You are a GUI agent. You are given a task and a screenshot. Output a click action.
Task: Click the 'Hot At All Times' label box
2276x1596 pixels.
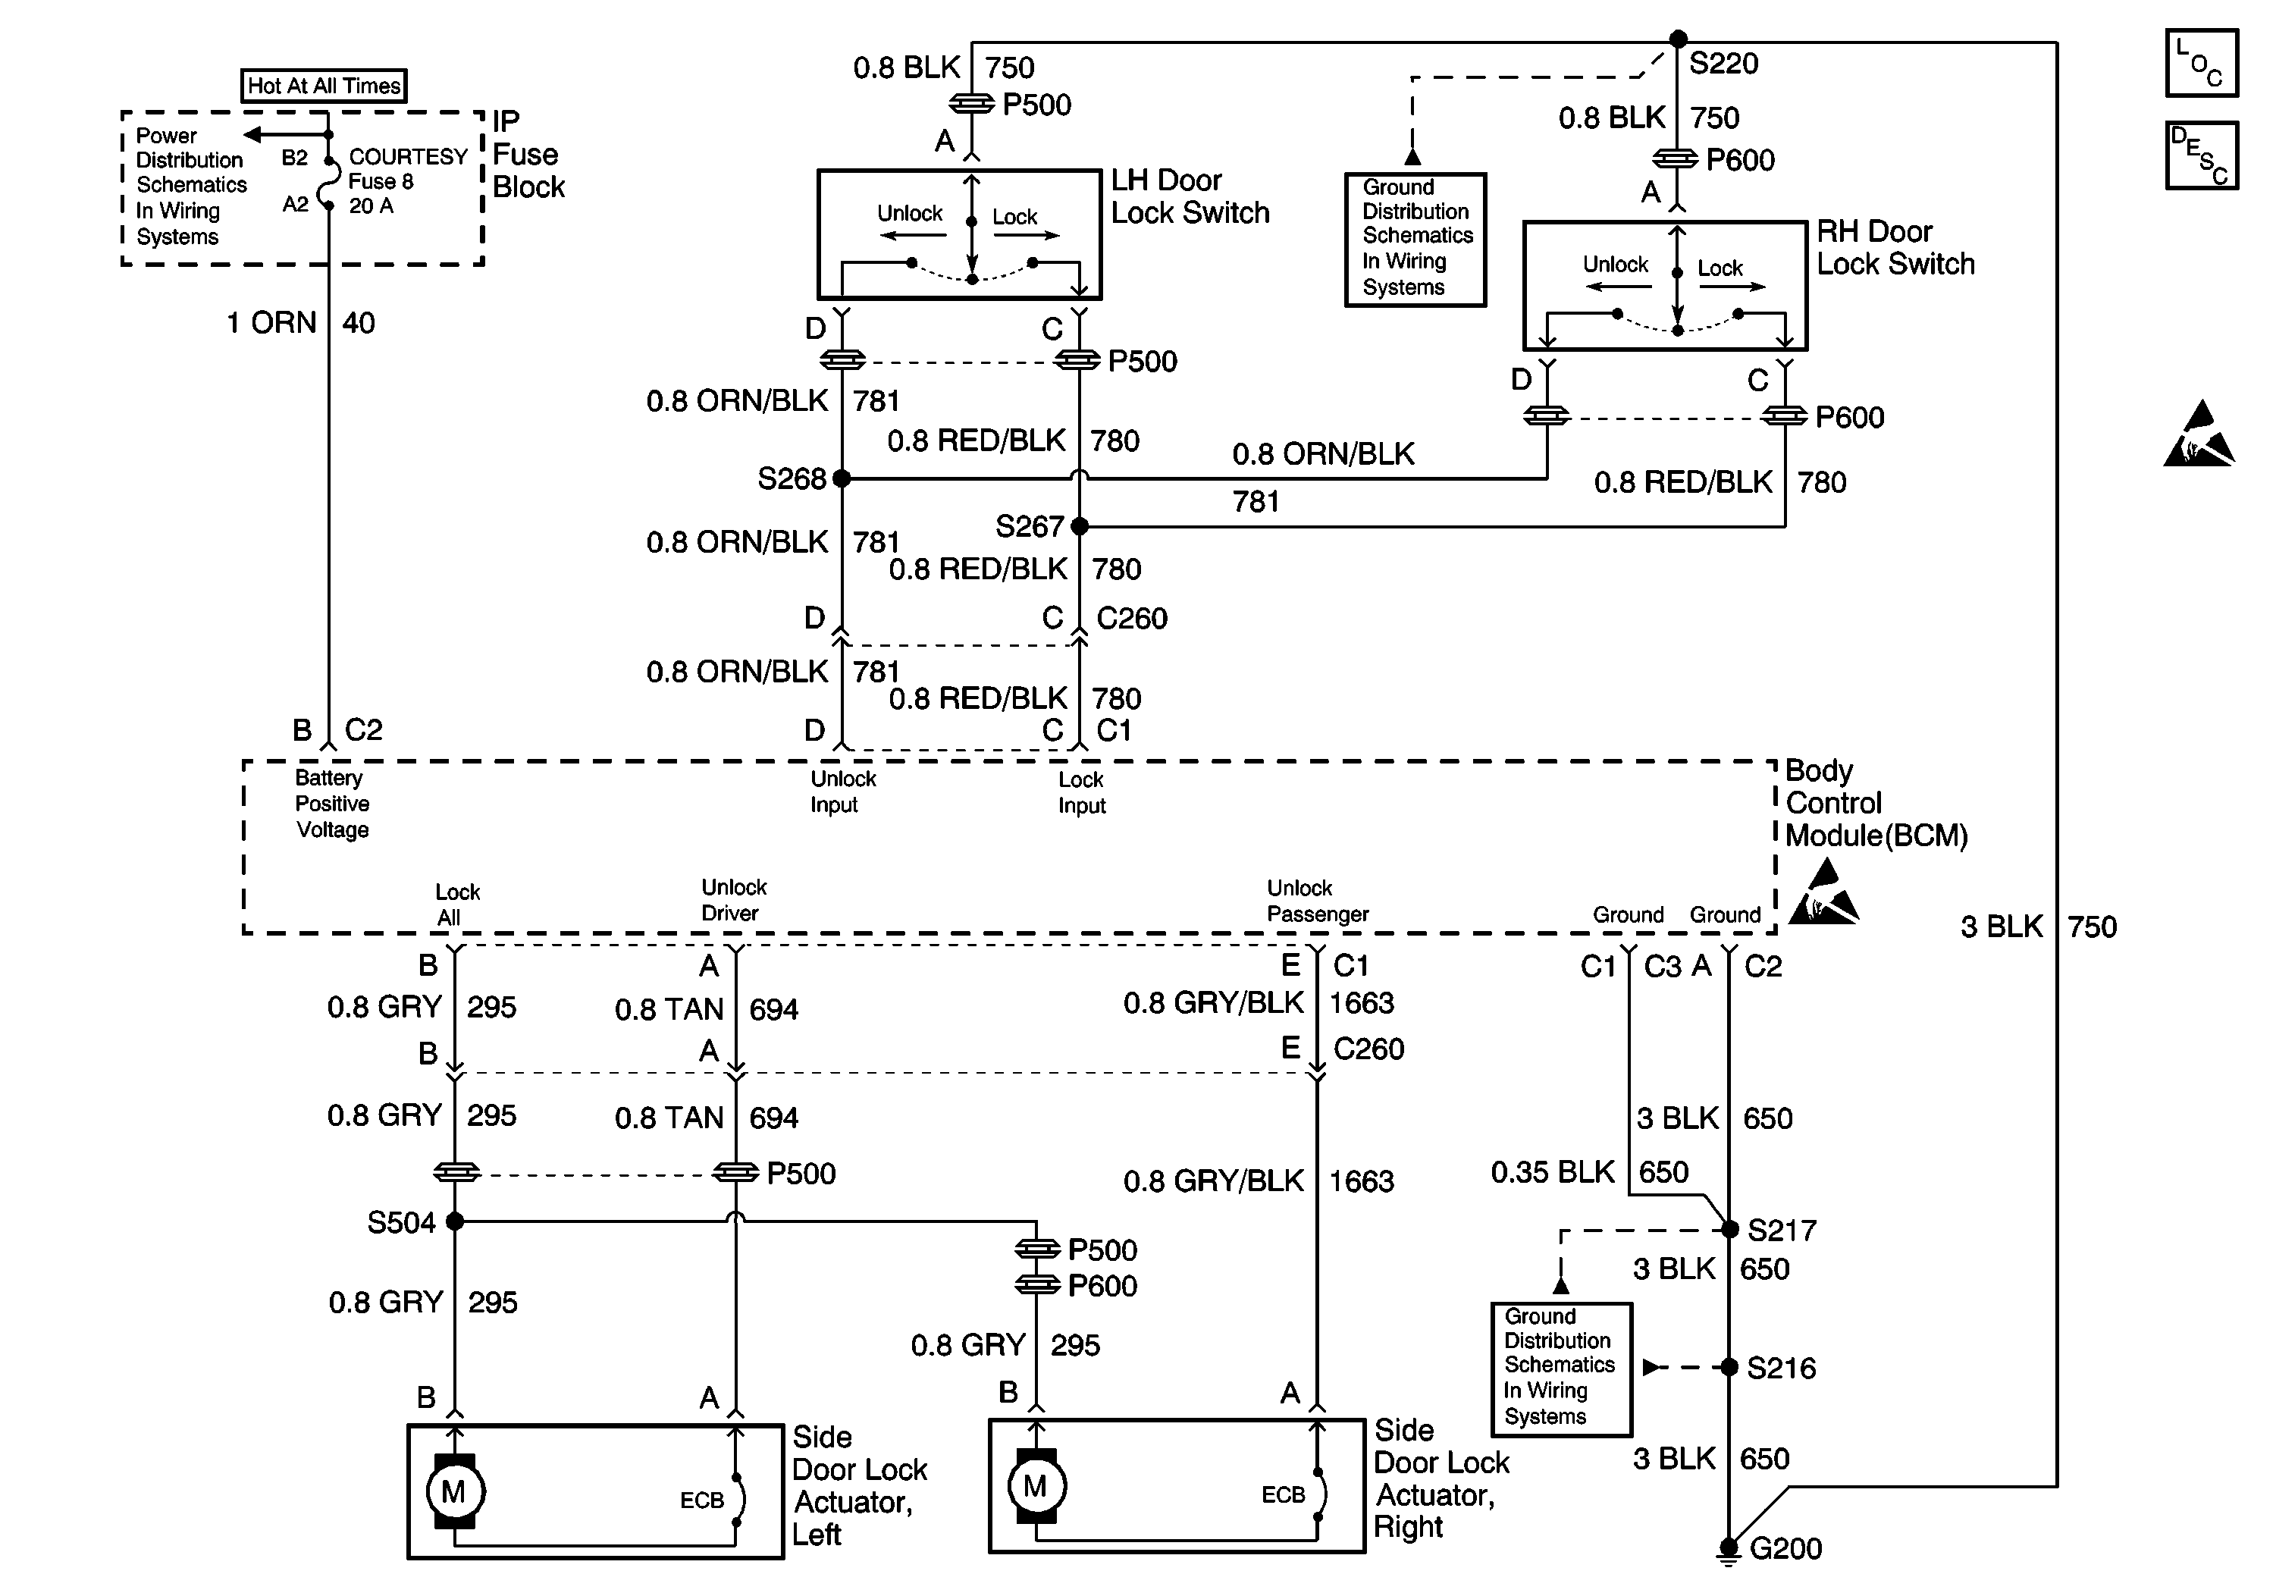pos(324,85)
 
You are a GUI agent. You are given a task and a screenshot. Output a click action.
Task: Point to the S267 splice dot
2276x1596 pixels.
pos(1080,525)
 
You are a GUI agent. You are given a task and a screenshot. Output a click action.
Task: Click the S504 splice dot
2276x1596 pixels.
pos(455,1221)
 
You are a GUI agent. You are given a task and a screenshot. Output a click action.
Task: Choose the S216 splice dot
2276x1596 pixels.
pos(1729,1367)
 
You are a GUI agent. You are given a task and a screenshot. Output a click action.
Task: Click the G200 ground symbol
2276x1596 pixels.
pos(1729,1550)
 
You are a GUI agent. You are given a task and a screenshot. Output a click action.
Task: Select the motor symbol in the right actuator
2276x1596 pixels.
pos(1035,1486)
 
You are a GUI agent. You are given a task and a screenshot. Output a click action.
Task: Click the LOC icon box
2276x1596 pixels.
pos(2201,62)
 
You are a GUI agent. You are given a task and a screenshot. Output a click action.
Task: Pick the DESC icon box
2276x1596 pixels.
pos(2201,155)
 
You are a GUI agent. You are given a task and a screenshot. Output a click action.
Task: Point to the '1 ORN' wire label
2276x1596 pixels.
pos(271,322)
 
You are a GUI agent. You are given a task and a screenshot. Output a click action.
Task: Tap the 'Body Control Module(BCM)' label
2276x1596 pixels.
pos(1876,803)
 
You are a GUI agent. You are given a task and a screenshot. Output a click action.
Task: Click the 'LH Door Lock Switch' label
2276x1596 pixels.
pos(1190,196)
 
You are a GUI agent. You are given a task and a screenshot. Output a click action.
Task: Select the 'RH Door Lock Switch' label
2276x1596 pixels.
pos(1895,248)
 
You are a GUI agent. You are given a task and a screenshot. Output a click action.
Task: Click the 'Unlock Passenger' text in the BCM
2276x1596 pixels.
pos(1318,901)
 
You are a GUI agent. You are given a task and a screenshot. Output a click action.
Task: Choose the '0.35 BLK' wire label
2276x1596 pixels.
pos(1553,1171)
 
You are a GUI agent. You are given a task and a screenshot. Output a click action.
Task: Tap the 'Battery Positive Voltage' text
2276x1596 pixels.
pos(332,804)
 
